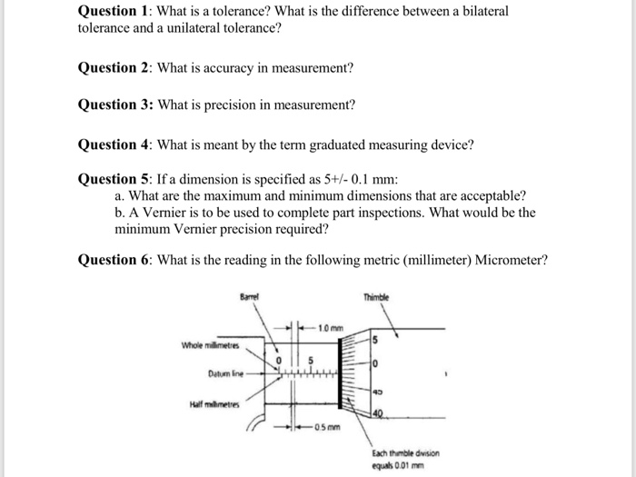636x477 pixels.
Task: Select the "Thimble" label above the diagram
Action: [x=375, y=296]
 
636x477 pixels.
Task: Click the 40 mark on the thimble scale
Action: [x=375, y=414]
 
